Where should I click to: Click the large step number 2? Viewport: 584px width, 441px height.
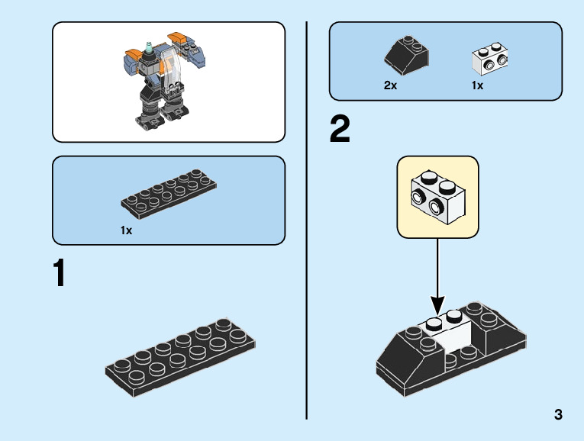[x=340, y=130]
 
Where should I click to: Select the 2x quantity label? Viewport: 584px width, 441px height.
[x=390, y=85]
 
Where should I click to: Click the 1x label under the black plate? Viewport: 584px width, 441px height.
[x=126, y=230]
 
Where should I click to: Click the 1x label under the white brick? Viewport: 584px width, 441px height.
[x=477, y=85]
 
